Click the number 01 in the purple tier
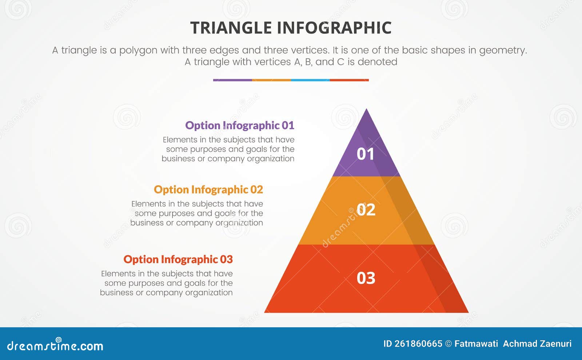click(x=366, y=154)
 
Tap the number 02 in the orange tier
click(x=366, y=210)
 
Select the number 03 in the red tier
click(x=366, y=278)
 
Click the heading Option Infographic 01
click(x=239, y=125)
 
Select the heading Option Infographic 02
click(x=208, y=190)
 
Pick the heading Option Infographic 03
click(x=178, y=260)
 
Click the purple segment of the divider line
click(x=232, y=80)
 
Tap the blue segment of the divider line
click(x=310, y=80)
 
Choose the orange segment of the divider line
click(x=271, y=80)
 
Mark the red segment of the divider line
click(x=349, y=80)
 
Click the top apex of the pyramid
click(x=366, y=110)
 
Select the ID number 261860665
click(x=418, y=344)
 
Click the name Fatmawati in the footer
click(x=476, y=344)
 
